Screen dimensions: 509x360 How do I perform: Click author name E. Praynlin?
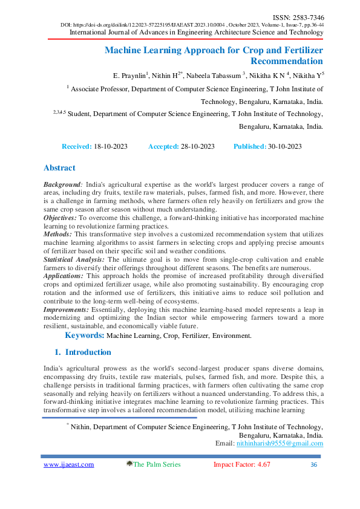pyautogui.click(x=131, y=76)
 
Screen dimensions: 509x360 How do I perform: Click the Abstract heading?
pyautogui.click(x=59, y=168)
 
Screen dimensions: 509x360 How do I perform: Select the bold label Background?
pyautogui.click(x=62, y=184)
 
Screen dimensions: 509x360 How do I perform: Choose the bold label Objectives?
pyautogui.click(x=60, y=216)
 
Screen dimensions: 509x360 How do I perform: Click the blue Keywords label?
pyautogui.click(x=85, y=335)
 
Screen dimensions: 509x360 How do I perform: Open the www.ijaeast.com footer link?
pyautogui.click(x=69, y=464)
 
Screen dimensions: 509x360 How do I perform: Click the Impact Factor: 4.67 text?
pyautogui.click(x=241, y=464)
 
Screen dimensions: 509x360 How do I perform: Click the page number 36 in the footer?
pyautogui.click(x=313, y=464)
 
